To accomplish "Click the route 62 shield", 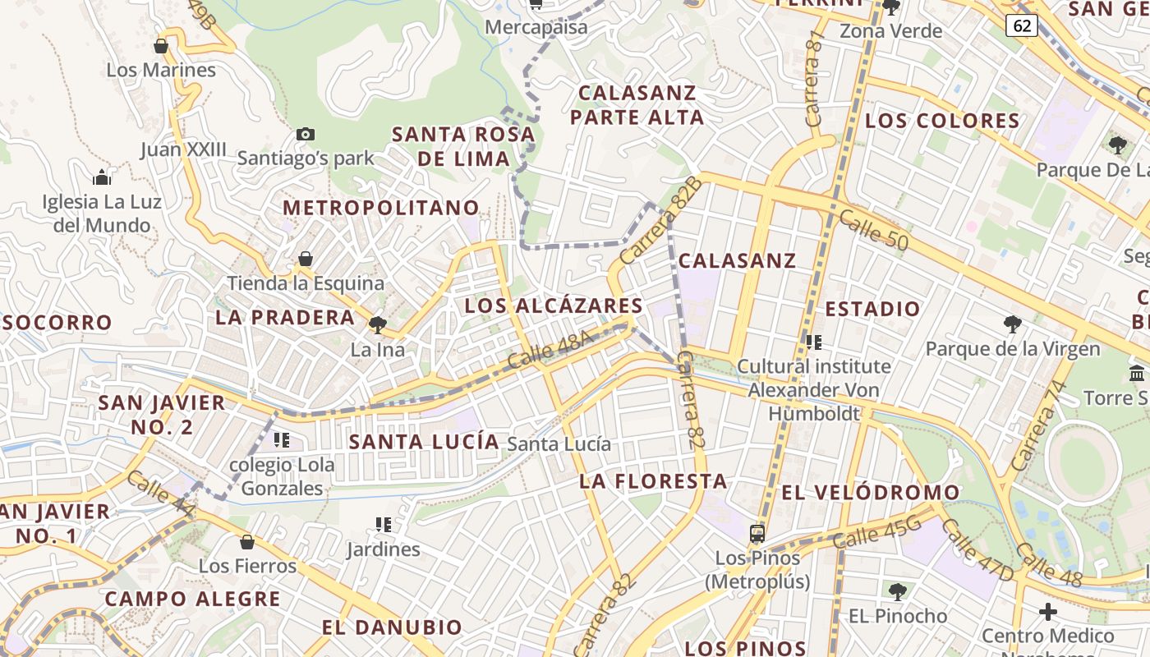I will tap(1022, 26).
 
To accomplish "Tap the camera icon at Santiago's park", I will tap(305, 134).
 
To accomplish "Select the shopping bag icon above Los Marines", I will tap(161, 46).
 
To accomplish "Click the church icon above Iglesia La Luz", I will tap(102, 177).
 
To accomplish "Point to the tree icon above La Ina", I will tap(378, 325).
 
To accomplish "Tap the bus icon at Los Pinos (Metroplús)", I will tap(757, 534).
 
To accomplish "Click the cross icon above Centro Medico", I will tap(1048, 612).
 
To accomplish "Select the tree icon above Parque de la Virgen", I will tap(1013, 324).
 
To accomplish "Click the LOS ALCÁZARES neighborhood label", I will tap(554, 306).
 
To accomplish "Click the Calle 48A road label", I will tap(550, 351).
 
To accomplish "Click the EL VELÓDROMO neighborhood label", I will tap(871, 493).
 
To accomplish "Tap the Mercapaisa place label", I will tap(536, 27).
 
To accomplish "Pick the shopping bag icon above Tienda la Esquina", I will tap(306, 259).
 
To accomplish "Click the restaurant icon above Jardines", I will tap(383, 524).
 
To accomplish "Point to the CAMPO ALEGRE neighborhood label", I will tap(193, 599).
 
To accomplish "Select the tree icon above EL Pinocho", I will tap(898, 591).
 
